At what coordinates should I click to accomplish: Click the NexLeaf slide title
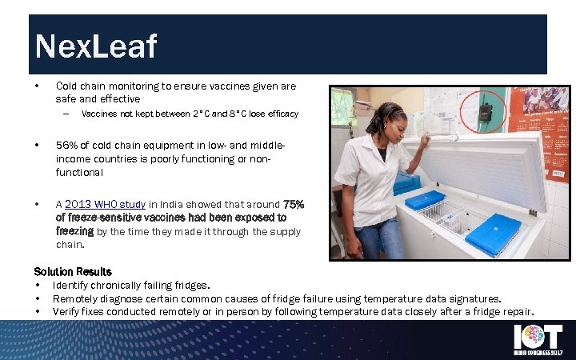[x=96, y=47]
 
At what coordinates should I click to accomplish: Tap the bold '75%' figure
[x=293, y=204]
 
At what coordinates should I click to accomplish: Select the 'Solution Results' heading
[x=73, y=272]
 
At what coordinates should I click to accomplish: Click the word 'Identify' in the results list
[x=70, y=286]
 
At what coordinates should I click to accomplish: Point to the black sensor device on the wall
[x=485, y=110]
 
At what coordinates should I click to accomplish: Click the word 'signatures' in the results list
[x=471, y=298]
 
